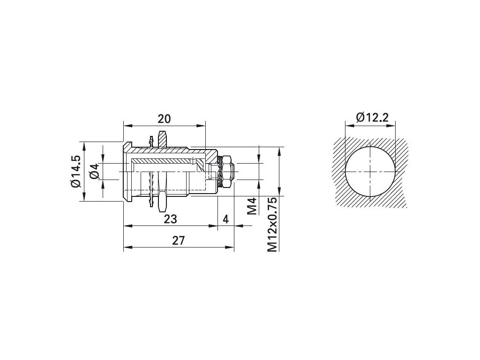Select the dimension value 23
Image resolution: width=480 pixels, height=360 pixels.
point(171,219)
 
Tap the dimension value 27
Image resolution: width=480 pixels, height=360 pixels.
point(179,240)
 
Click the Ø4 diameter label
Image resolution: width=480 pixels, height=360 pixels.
point(95,171)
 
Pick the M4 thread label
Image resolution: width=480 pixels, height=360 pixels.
point(251,206)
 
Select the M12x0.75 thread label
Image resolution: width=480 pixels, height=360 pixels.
point(272,225)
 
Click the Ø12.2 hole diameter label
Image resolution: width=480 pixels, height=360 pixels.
point(372,117)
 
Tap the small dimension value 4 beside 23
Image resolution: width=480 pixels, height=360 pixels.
point(225,219)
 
